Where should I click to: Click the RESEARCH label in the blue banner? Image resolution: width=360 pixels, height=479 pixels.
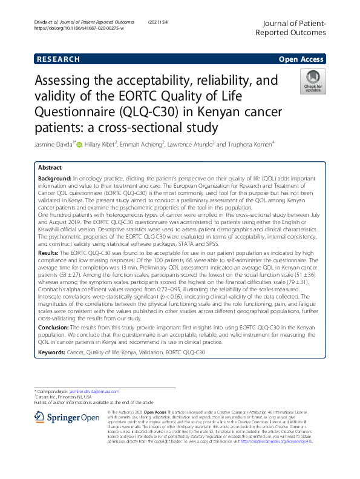[58, 59]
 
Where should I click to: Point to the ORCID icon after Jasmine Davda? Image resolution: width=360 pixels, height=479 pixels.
[78, 145]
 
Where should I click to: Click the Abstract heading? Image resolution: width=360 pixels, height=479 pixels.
[50, 168]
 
